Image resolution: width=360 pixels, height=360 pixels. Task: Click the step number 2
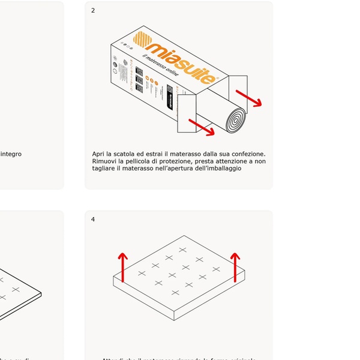point(92,10)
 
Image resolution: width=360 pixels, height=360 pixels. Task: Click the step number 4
point(92,219)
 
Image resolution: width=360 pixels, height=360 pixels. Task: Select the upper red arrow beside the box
point(248,98)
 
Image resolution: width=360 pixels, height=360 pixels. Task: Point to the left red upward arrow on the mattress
point(122,267)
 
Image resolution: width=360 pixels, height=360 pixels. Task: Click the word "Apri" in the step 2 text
point(99,154)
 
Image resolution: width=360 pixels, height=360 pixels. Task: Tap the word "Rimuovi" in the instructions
point(106,161)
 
